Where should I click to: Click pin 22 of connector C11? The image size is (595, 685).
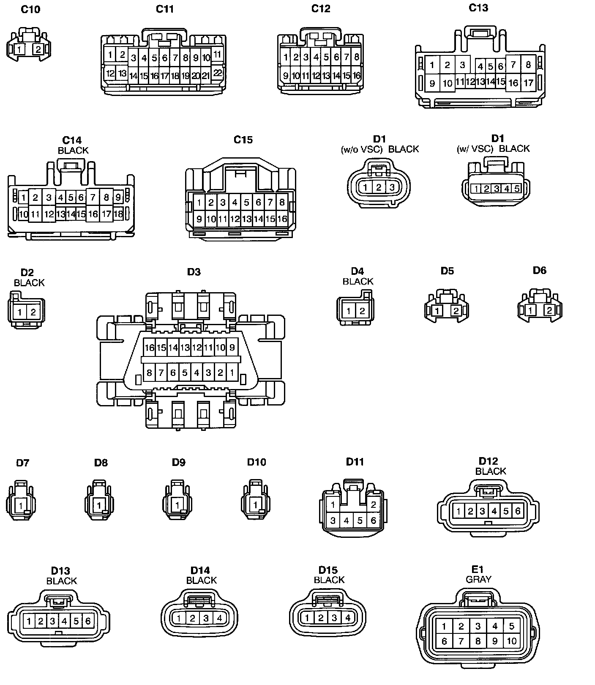pos(217,73)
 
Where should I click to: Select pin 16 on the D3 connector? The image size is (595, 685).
pos(149,348)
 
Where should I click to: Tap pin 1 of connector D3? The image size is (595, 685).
pos(232,373)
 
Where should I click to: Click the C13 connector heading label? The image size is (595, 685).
pos(478,8)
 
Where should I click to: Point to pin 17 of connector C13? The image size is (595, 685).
pos(528,83)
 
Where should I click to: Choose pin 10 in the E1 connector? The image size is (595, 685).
pos(511,641)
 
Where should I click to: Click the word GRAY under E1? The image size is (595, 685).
pos(478,579)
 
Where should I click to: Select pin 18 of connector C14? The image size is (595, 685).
pos(118,214)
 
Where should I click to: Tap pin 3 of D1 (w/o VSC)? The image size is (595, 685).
pos(392,187)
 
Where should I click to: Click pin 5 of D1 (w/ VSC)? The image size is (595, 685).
pos(517,189)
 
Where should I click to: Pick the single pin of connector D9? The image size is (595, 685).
pos(177,505)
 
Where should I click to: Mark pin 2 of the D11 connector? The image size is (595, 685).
pos(373,504)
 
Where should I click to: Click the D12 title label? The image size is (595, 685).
pos(488,461)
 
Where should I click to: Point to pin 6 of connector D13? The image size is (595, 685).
pos(88,621)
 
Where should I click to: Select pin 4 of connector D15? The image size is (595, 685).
pos(348,618)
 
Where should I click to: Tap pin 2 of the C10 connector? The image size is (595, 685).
pos(38,49)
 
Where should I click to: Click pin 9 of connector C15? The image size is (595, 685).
pos(199,219)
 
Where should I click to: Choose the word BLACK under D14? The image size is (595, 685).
pos(201,580)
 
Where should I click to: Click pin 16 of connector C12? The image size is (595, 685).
pos(356,76)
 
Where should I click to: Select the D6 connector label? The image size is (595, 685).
pos(539,270)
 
